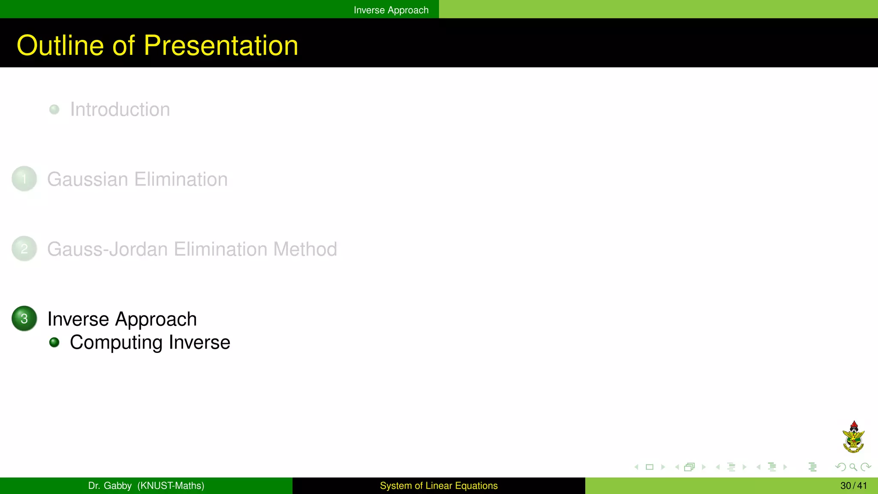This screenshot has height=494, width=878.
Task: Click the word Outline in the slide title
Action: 60,45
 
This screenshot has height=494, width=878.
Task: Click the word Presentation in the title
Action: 221,45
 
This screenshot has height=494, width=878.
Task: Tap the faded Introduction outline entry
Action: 120,109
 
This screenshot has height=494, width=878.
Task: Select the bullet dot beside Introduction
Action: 54,109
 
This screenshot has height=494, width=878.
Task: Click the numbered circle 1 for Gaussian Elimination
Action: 24,179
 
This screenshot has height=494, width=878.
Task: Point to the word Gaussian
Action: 87,179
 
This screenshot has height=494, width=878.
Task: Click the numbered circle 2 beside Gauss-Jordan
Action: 24,249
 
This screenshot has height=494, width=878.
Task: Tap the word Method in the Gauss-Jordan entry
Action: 305,249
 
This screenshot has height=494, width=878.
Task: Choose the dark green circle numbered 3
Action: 24,319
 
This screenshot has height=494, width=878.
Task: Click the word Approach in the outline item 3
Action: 156,319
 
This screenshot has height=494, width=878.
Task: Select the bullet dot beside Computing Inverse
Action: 54,342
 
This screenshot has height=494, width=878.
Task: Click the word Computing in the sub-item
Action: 116,343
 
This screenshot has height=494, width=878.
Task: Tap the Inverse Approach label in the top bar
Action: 391,10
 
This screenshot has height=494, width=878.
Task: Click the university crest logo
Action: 854,437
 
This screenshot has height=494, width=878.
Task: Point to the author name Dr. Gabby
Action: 110,486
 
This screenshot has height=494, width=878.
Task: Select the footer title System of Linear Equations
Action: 439,486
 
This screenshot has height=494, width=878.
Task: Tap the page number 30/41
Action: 854,486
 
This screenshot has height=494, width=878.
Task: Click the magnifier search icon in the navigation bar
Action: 853,467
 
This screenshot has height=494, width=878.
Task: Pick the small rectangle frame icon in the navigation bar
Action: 649,467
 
